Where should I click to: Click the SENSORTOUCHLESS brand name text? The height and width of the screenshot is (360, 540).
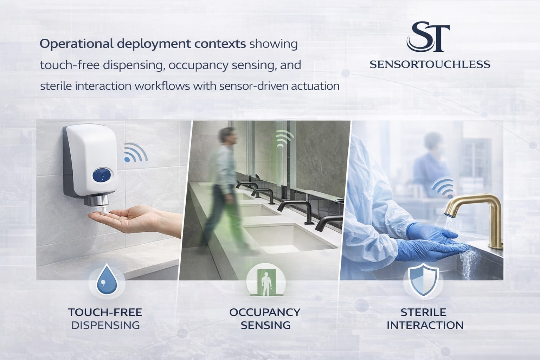click(430, 64)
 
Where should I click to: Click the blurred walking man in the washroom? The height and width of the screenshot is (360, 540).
click(222, 183)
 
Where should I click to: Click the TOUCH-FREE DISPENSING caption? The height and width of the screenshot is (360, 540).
click(105, 319)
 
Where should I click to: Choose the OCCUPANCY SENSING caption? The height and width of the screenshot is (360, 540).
click(265, 319)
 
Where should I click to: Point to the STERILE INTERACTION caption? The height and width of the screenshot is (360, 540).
click(425, 319)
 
